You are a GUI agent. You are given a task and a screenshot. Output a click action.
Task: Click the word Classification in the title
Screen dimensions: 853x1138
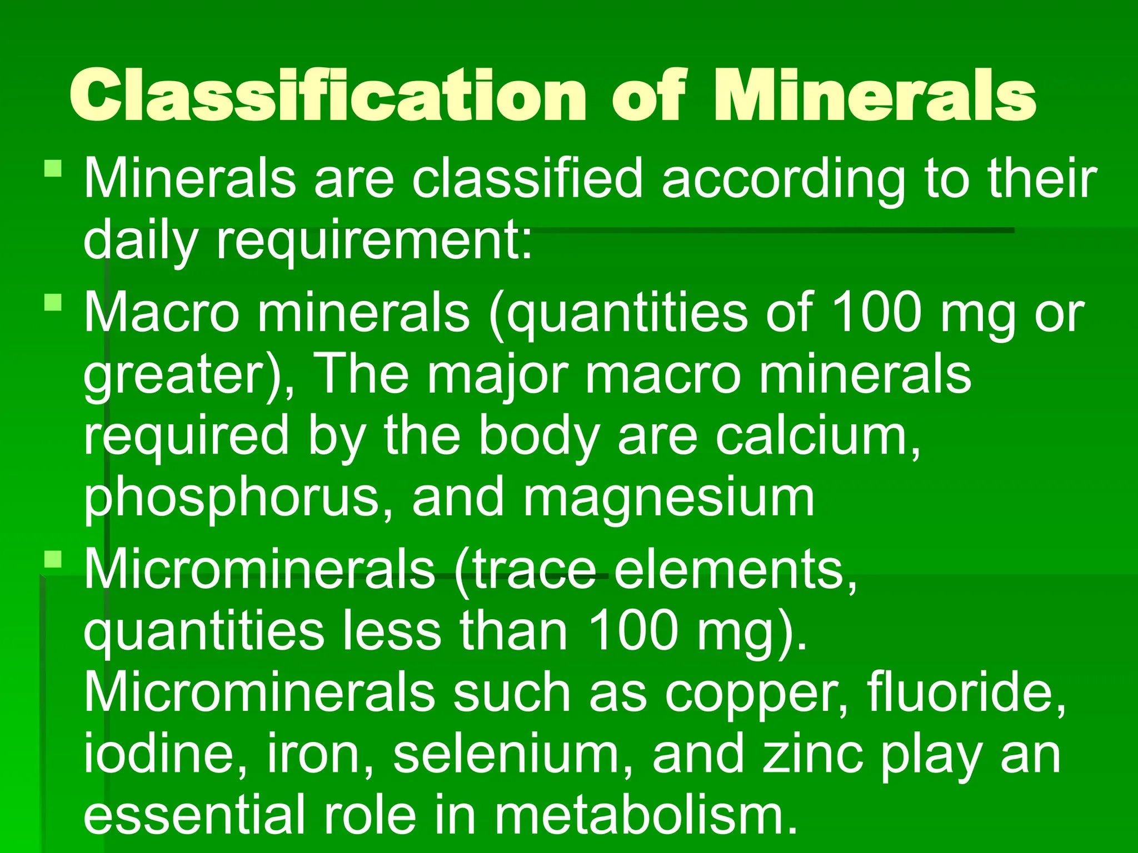pyautogui.click(x=328, y=96)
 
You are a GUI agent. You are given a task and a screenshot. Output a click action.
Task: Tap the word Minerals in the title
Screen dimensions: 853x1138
pyautogui.click(x=875, y=96)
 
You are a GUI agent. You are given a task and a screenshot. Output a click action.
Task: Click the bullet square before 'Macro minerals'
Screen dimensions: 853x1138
pyautogui.click(x=53, y=303)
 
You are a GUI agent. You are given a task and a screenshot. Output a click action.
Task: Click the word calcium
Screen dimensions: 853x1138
pyautogui.click(x=817, y=436)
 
